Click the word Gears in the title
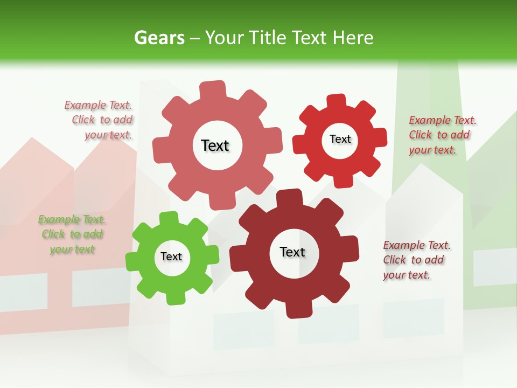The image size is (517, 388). pos(159,38)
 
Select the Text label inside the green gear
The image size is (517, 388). pos(171,257)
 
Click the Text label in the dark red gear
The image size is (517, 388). pos(292,252)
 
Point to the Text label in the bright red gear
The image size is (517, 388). pos(340,140)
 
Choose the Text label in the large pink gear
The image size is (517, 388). pos(215,145)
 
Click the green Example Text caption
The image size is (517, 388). pos(72,234)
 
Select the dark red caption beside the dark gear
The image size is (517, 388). pos(416,260)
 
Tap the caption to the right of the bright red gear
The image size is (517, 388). pos(442,135)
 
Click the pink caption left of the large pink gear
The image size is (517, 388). pos(99,120)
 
